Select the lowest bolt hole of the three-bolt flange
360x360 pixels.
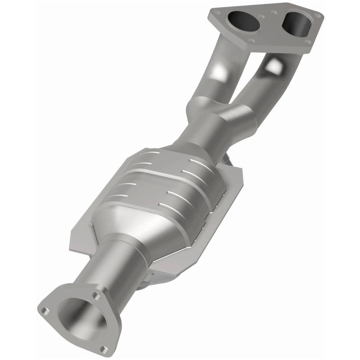[104, 349]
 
